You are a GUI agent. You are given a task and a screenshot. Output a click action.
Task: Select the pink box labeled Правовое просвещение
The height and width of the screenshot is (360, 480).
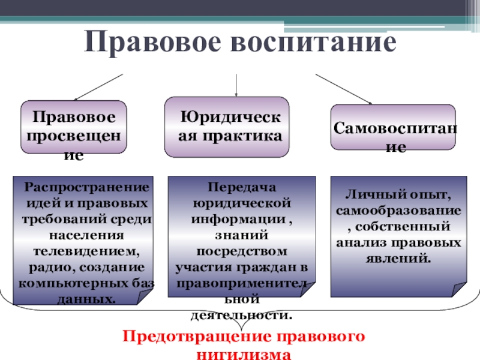74,129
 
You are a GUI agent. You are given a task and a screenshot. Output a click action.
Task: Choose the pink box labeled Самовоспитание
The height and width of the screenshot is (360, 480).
393,128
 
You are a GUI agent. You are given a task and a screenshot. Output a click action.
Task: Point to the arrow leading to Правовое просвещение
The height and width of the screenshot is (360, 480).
99,87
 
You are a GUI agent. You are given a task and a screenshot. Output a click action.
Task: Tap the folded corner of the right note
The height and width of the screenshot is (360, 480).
459,289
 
